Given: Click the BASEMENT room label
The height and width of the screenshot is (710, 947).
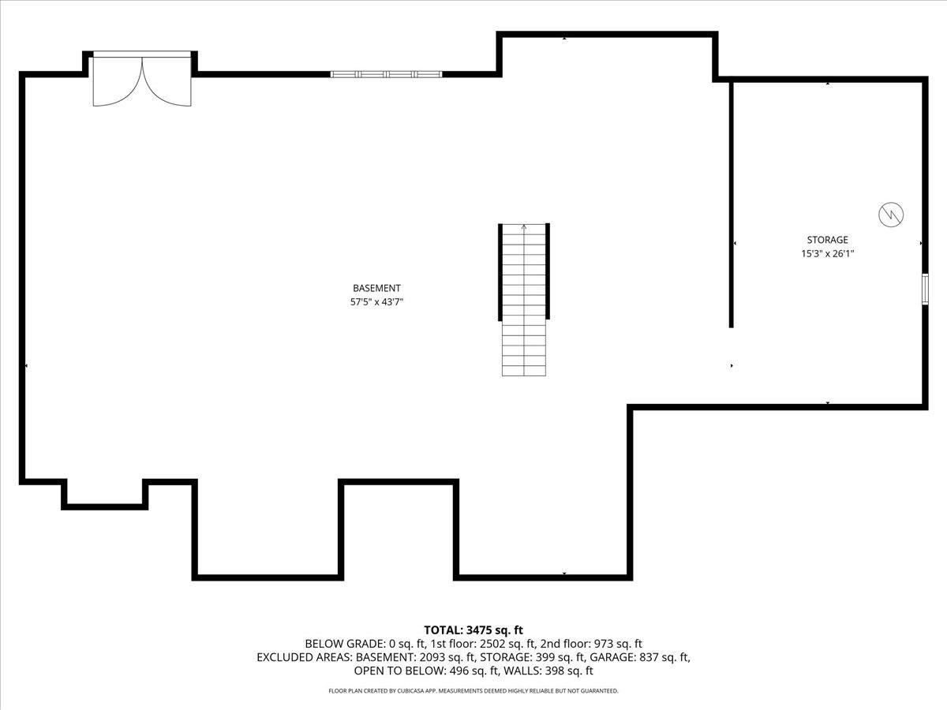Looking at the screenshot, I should click(x=376, y=289).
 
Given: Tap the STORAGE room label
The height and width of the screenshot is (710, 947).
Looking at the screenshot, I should click(x=827, y=240).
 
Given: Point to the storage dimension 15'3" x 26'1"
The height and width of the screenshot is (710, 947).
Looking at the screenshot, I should click(x=827, y=254).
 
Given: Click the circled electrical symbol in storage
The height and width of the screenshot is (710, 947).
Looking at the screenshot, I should click(x=891, y=214).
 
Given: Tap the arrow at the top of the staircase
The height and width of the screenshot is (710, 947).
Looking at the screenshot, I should click(x=524, y=227).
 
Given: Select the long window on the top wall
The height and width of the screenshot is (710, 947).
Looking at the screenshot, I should click(x=386, y=74).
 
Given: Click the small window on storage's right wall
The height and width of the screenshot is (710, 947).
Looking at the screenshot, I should click(x=925, y=288).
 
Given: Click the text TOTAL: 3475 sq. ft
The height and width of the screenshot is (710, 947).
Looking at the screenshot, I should click(x=473, y=630).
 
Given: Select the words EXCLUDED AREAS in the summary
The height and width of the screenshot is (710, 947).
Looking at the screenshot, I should click(x=305, y=657).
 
